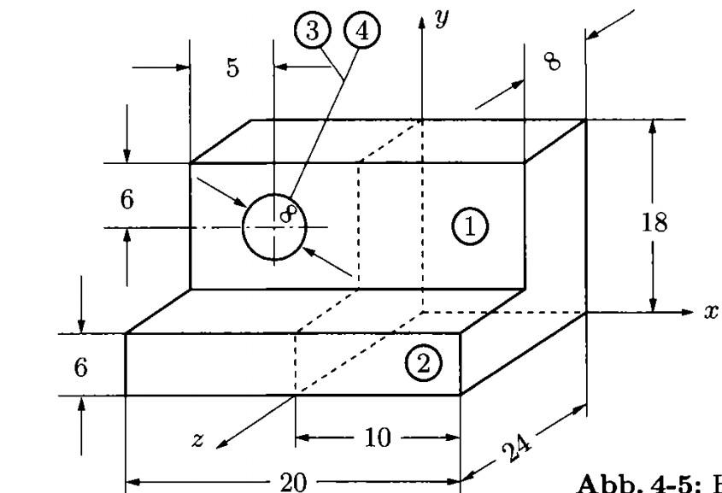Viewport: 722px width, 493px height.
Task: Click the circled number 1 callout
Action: coord(470,226)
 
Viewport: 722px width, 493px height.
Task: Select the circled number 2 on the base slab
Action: coord(424,364)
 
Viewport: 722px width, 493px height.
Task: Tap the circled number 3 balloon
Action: coord(313,31)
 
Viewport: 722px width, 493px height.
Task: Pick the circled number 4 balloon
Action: coord(362,31)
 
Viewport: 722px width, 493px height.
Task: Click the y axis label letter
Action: coord(442,19)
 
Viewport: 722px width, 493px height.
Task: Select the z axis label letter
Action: coord(197,440)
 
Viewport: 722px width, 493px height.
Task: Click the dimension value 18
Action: coord(654,223)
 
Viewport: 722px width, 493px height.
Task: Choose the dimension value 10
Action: coord(378,437)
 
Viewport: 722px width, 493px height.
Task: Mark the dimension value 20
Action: coord(293,483)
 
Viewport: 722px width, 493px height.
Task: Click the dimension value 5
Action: coord(233,67)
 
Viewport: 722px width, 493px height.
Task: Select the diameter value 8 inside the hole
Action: coord(288,213)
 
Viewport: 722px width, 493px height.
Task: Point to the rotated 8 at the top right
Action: coord(553,62)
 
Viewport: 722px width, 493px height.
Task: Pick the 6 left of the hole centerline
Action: coord(127,199)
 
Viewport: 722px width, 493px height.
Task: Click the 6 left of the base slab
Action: coord(80,367)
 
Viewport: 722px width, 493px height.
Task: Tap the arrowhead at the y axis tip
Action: coord(421,22)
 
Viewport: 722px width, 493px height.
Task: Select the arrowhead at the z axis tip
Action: coord(220,444)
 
